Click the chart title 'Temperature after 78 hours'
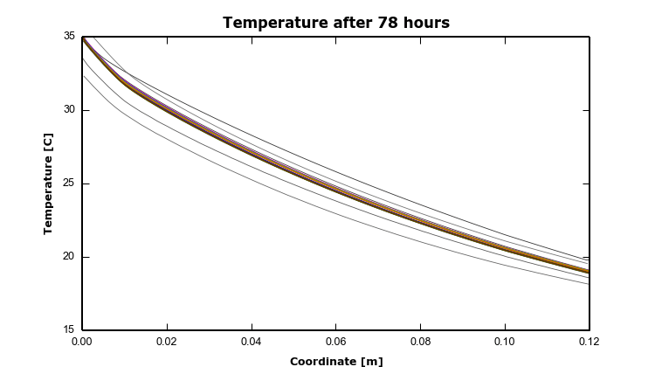pos(336,23)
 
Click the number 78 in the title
pos(389,23)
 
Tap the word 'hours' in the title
pos(426,23)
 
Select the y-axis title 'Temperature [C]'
pos(49,183)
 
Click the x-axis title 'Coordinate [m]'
pos(336,361)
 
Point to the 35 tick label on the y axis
pos(69,37)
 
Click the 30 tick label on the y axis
pos(69,110)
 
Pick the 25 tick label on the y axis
pos(69,183)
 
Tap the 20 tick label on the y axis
pos(69,257)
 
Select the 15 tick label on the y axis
pos(69,330)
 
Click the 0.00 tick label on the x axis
pos(82,343)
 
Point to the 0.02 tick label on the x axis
pos(167,343)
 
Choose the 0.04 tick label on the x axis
pos(252,343)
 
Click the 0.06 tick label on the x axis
pos(336,343)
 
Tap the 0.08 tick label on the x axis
pos(421,343)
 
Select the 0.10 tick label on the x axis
pos(506,343)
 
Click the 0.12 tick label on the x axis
pos(589,343)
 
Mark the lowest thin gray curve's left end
pos(83,75)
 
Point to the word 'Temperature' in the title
pos(273,23)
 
